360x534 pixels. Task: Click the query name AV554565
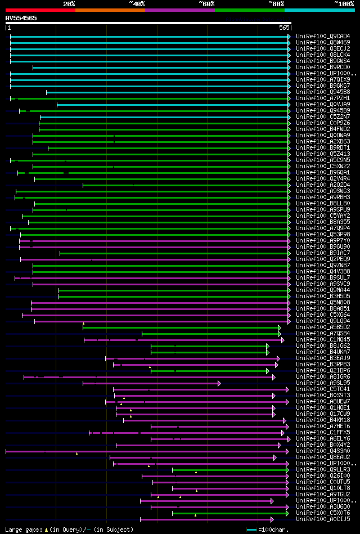coord(21,18)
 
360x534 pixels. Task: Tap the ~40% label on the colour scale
coord(137,3)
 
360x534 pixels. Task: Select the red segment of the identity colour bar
coord(40,10)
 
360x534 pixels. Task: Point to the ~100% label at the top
coord(344,3)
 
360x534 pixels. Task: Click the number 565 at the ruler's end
coord(284,27)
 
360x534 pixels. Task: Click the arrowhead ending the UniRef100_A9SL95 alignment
coord(219,383)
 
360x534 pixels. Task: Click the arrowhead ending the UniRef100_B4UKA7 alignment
coord(267,352)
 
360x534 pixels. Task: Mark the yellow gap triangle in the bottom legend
coord(47,529)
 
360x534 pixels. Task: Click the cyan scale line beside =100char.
coord(251,529)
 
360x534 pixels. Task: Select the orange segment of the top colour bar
coord(110,10)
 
